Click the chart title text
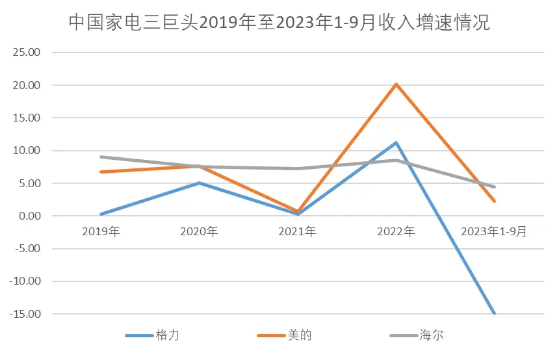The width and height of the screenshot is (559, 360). pos(279,23)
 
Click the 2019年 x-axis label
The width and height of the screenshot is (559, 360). pos(101,231)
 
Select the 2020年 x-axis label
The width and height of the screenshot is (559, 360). pos(200,231)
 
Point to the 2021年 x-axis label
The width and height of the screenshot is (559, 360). pos(298,231)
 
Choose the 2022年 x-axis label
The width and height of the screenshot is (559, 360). pos(396,231)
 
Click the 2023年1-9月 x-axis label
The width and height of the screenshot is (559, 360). pos(494,231)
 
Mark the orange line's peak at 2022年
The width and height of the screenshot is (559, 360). pos(396,84)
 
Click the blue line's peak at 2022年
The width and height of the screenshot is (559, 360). pos(396,143)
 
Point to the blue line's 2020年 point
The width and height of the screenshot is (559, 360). pos(200,183)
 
